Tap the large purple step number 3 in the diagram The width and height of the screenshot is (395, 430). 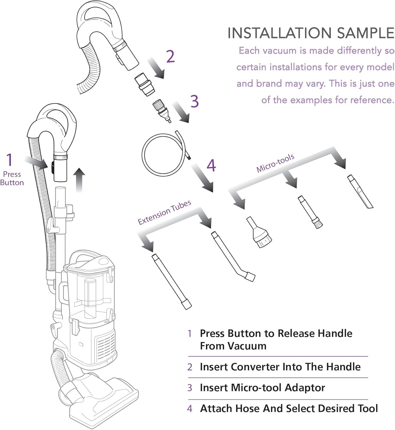pos(195,101)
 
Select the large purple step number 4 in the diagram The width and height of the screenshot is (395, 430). pos(211,165)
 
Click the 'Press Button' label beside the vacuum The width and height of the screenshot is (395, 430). pos(12,178)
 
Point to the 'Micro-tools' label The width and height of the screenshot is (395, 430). pos(275,163)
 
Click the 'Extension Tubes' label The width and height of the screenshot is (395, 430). pos(164,212)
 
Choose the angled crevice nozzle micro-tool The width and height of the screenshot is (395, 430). pos(360,192)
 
